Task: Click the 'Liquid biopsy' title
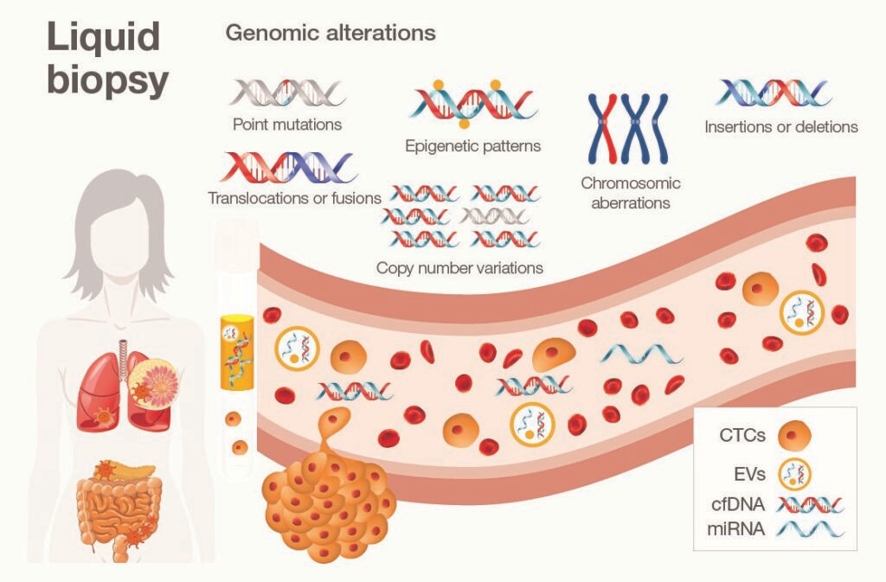pyautogui.click(x=107, y=58)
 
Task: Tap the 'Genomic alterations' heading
pyautogui.click(x=331, y=33)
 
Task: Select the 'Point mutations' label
pyautogui.click(x=287, y=125)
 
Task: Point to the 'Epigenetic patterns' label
pyautogui.click(x=473, y=146)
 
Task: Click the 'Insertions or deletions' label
pyautogui.click(x=781, y=127)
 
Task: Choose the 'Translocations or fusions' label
pyautogui.click(x=294, y=198)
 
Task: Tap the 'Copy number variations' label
pyautogui.click(x=459, y=267)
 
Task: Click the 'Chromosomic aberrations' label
pyautogui.click(x=631, y=193)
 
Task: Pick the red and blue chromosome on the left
pyautogui.click(x=602, y=129)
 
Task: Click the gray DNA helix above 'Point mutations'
pyautogui.click(x=287, y=93)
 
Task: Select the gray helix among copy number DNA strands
pyautogui.click(x=494, y=216)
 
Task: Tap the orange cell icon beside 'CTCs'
pyautogui.click(x=794, y=437)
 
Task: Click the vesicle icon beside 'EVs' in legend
pyautogui.click(x=794, y=474)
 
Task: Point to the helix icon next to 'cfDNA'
pyautogui.click(x=810, y=504)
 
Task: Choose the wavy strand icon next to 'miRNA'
pyautogui.click(x=810, y=529)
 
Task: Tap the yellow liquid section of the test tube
pyautogui.click(x=237, y=352)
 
